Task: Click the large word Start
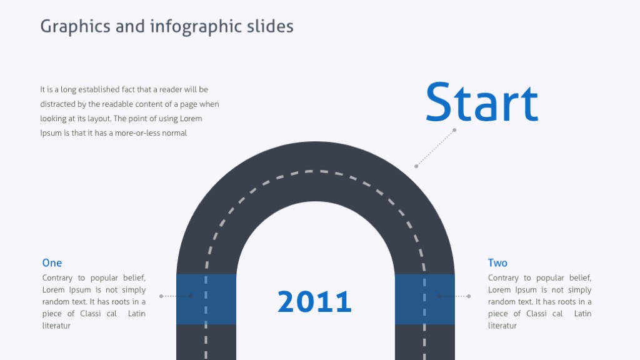(481, 102)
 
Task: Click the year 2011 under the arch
(314, 302)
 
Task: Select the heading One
(52, 263)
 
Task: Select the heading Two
(497, 263)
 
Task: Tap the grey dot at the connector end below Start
(454, 130)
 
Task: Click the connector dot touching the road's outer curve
(416, 166)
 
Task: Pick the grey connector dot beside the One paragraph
(161, 296)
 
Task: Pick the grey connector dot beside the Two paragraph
(469, 296)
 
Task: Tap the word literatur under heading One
(56, 326)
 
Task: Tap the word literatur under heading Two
(502, 326)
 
